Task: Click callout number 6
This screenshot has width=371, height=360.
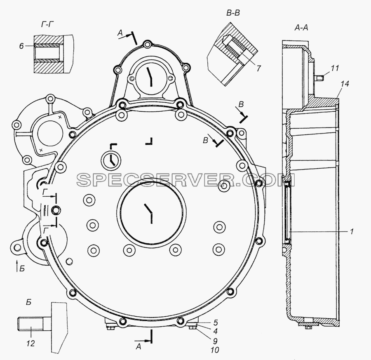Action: [x=21, y=46]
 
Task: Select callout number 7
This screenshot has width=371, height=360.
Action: [x=258, y=68]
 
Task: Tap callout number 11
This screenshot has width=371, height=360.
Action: [x=334, y=68]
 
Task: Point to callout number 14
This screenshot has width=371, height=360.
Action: [x=345, y=84]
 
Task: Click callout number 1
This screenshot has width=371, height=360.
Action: [x=352, y=231]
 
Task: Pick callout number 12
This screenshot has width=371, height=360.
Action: [x=31, y=343]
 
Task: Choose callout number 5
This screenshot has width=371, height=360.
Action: [x=216, y=323]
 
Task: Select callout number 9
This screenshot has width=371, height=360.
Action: [x=215, y=341]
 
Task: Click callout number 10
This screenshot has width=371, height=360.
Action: [x=215, y=350]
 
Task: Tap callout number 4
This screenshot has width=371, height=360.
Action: [x=215, y=331]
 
